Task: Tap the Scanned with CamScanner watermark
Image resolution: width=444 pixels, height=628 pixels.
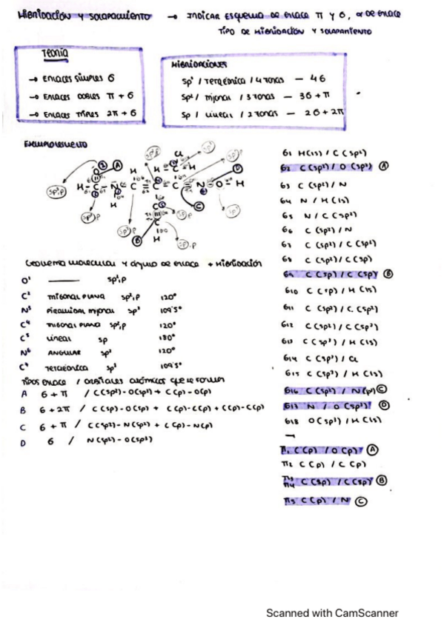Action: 333,612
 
